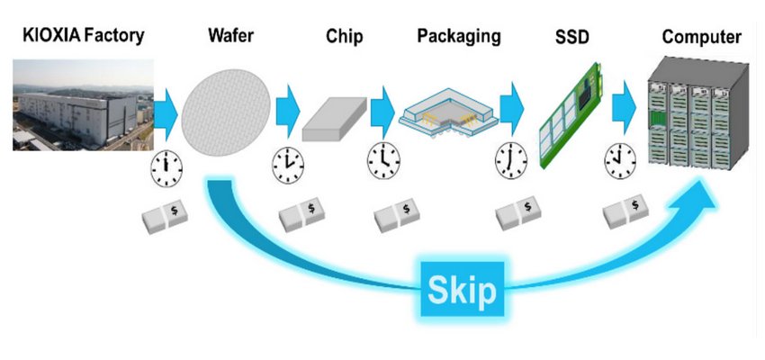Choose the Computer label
701,37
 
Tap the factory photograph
82,106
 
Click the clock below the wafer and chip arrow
288,164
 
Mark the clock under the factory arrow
166,166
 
